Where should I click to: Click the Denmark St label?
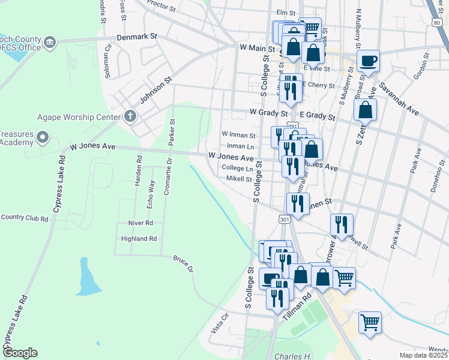tap(137, 36)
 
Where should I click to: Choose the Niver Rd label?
tap(141, 223)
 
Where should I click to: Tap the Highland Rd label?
tap(139, 238)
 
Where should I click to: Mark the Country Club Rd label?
tap(24, 218)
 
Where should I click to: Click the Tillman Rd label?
tap(298, 305)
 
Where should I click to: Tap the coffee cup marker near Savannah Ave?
tap(368, 61)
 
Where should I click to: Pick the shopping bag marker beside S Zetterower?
tap(365, 110)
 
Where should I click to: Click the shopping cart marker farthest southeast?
tap(370, 322)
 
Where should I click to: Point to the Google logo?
tap(19, 353)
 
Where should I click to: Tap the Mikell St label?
tap(239, 179)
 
